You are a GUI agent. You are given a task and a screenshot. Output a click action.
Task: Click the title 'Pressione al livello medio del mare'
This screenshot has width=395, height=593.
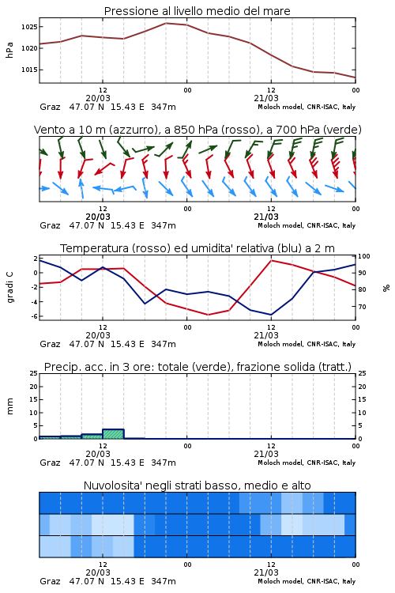tap(197, 11)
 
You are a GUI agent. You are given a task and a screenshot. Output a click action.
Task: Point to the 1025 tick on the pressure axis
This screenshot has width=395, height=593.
tap(29, 27)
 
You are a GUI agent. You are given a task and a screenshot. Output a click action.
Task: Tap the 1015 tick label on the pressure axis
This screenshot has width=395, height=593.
tap(29, 70)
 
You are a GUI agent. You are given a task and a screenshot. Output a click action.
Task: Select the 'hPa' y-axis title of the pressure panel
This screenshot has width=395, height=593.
tap(9, 50)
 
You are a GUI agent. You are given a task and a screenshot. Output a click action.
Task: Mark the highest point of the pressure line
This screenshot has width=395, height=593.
tap(166, 23)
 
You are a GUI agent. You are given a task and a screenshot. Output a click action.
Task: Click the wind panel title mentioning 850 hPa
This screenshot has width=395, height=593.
tap(197, 130)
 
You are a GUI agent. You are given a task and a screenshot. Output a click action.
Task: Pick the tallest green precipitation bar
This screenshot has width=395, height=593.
tap(114, 434)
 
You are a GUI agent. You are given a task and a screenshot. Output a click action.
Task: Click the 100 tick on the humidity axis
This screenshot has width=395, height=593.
tap(364, 256)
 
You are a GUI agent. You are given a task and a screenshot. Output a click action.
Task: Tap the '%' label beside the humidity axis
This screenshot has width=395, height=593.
tap(386, 288)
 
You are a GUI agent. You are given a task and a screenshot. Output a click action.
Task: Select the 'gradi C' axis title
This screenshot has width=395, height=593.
tap(10, 288)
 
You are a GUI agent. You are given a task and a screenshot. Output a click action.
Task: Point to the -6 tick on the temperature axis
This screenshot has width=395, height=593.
tap(35, 316)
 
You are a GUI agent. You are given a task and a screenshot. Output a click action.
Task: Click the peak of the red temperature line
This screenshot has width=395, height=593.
tap(271, 260)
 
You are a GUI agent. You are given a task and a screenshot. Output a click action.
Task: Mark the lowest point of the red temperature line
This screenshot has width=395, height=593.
tap(208, 315)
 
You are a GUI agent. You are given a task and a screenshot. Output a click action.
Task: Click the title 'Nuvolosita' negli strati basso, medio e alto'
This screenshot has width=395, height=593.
tap(197, 485)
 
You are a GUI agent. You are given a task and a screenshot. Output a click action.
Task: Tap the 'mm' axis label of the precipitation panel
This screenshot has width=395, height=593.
tap(9, 406)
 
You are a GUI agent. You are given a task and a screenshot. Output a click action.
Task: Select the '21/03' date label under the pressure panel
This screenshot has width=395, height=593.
tap(266, 98)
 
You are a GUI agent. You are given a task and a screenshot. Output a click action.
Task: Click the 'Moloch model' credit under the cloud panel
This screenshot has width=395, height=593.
tap(280, 581)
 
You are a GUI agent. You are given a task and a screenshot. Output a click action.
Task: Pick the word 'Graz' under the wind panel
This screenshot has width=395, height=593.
tap(50, 225)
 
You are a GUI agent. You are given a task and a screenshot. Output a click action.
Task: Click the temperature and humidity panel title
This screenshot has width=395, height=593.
tap(197, 248)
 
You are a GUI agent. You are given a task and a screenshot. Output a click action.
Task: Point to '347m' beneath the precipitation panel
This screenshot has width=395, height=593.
tap(164, 463)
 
